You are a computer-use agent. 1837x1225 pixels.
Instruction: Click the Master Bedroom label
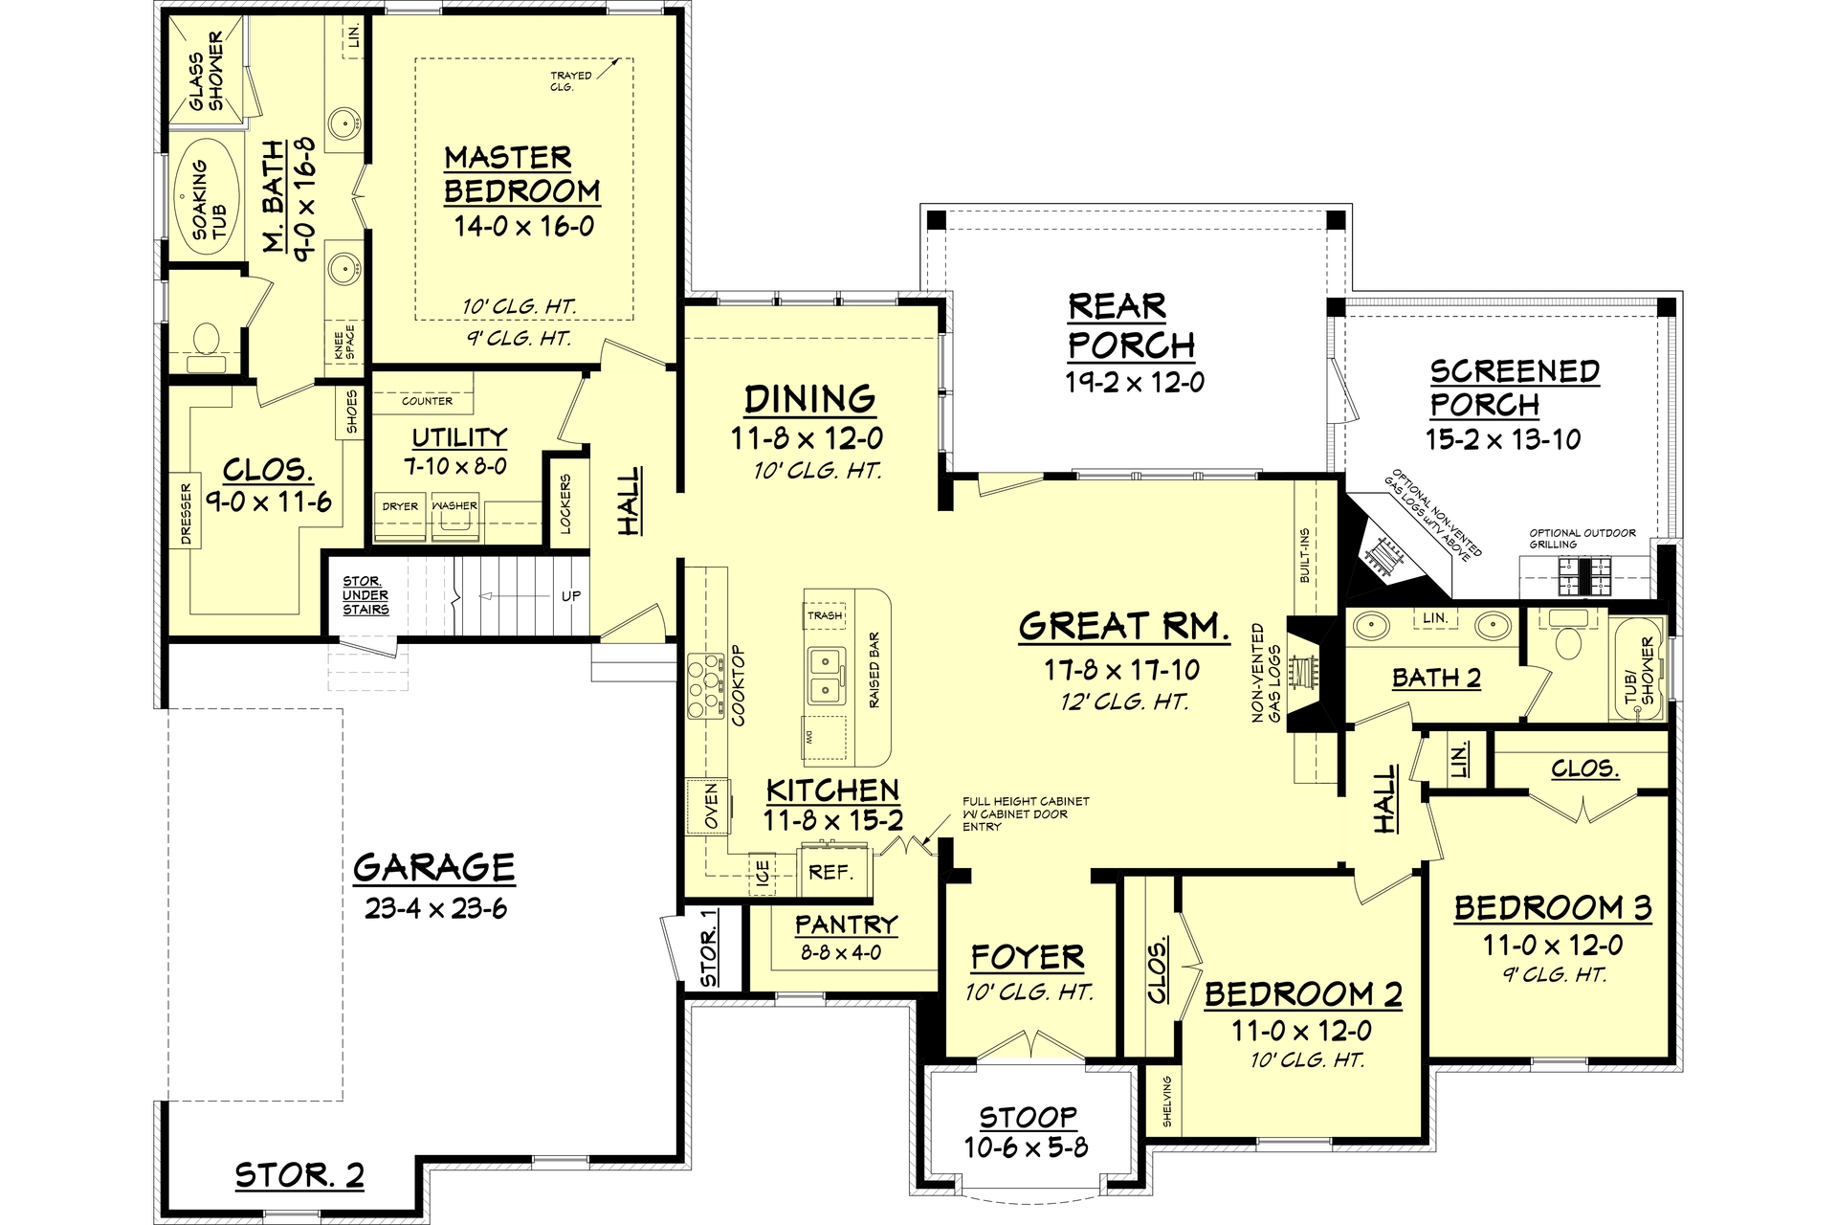(x=521, y=174)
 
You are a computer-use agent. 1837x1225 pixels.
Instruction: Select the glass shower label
(x=206, y=71)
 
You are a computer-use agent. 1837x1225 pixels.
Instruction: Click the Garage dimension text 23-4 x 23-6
(x=435, y=908)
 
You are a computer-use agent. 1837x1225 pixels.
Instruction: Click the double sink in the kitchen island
(x=825, y=676)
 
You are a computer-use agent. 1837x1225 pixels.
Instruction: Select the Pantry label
(x=846, y=924)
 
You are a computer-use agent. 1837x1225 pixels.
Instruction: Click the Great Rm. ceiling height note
(x=1124, y=702)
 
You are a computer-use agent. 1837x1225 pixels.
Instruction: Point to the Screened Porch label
(x=1514, y=388)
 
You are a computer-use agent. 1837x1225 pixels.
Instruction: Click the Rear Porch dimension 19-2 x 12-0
(x=1135, y=383)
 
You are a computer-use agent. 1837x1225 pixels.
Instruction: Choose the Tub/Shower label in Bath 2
(x=1640, y=670)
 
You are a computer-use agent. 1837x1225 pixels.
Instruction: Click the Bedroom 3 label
(x=1553, y=907)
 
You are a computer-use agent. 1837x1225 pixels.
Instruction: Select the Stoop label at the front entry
(x=1028, y=1117)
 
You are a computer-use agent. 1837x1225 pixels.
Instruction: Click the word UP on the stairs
(x=570, y=595)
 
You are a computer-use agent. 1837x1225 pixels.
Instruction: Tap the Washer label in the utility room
(x=454, y=506)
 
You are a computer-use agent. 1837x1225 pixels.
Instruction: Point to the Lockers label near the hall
(x=565, y=502)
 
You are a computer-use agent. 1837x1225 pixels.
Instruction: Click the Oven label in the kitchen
(x=711, y=807)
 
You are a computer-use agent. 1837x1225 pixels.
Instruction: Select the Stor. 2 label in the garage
(x=299, y=1175)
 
